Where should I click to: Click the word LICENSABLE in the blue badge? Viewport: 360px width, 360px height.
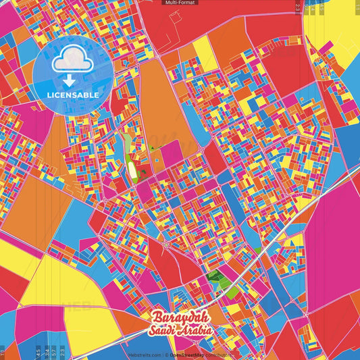(73, 95)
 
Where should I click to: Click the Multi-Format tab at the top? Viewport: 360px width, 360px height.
(179, 3)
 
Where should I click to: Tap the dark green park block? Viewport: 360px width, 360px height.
(215, 276)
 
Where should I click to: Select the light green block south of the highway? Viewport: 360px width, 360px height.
(231, 292)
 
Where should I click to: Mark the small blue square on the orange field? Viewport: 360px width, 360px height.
(157, 161)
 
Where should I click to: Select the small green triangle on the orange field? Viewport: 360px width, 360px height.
(153, 148)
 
